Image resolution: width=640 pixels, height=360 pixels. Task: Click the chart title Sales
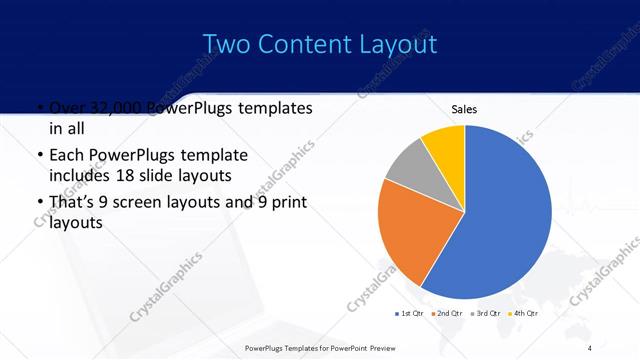tap(464, 108)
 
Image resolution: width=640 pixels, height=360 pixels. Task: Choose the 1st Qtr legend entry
tap(410, 313)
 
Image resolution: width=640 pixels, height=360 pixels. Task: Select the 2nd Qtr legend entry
tap(448, 313)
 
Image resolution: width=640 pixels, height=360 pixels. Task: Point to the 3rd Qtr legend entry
tap(486, 313)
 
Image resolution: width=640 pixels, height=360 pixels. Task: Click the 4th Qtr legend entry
tap(524, 313)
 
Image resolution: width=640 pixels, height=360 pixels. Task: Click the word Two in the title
tap(227, 44)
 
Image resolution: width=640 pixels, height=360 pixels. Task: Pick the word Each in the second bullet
tap(66, 156)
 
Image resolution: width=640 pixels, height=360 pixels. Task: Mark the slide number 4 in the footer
tap(589, 346)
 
